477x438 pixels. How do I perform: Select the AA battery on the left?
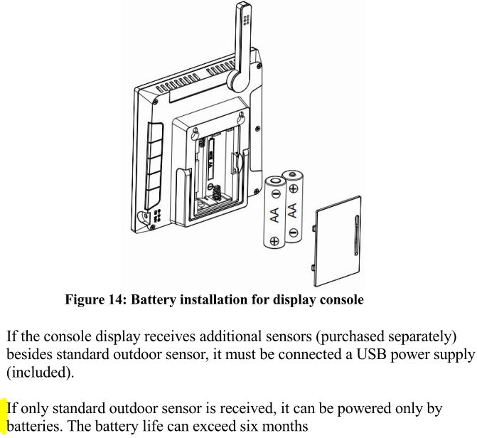(274, 213)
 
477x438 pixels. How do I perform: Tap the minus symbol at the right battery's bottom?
(293, 233)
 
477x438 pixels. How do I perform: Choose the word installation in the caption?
(213, 299)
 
